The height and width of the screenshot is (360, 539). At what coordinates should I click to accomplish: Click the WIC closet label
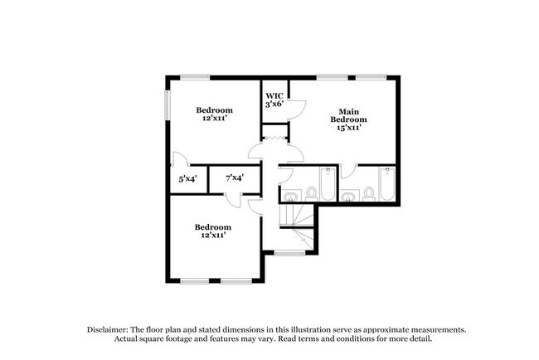pyautogui.click(x=274, y=95)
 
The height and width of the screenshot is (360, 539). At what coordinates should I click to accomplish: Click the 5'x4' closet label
pyautogui.click(x=187, y=178)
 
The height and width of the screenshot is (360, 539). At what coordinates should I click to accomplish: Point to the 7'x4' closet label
pyautogui.click(x=234, y=178)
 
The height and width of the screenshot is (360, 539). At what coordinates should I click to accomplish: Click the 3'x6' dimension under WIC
pyautogui.click(x=274, y=105)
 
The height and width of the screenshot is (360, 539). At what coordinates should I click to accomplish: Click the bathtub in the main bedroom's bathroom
pyautogui.click(x=386, y=183)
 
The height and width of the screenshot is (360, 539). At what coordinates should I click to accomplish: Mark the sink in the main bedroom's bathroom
pyautogui.click(x=349, y=197)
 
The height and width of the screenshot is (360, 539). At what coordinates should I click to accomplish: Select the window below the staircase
pyautogui.click(x=288, y=252)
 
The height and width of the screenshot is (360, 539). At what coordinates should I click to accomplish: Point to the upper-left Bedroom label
pyautogui.click(x=214, y=109)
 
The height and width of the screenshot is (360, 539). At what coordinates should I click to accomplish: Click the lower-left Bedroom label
pyautogui.click(x=213, y=226)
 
